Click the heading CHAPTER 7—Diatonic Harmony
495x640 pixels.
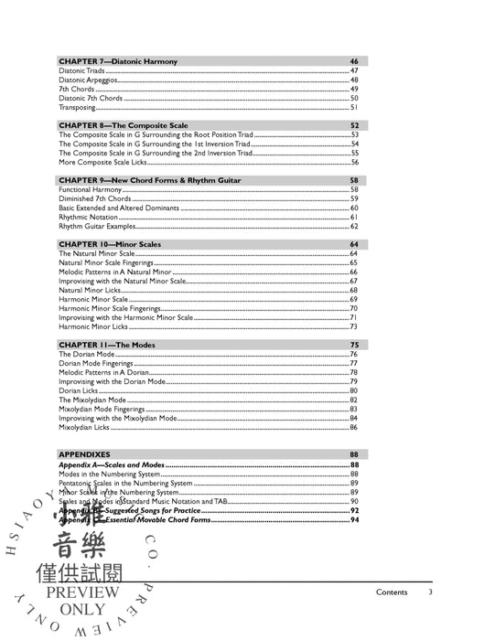click(x=118, y=61)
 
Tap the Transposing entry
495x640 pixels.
click(x=79, y=107)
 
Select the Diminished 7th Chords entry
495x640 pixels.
click(x=94, y=198)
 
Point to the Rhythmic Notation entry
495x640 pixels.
click(x=88, y=217)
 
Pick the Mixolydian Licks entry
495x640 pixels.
click(x=84, y=427)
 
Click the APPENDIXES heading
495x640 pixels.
click(x=84, y=454)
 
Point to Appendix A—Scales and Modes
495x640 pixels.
click(x=111, y=464)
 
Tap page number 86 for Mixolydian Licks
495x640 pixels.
click(x=353, y=427)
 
